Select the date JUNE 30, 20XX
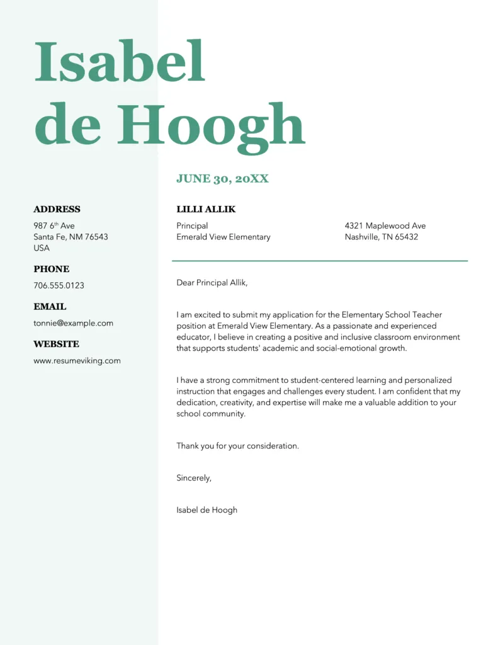point(222,179)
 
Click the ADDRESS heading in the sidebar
point(57,210)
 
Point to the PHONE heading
point(52,269)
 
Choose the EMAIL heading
point(50,307)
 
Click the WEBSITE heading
point(56,345)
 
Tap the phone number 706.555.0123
point(59,285)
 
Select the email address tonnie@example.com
point(73,323)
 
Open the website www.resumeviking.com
point(77,361)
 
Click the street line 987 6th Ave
point(54,225)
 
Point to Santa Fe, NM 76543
point(71,237)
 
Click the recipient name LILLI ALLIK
point(206,210)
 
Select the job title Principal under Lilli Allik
point(192,225)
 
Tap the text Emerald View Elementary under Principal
point(223,237)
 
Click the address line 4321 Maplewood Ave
point(385,225)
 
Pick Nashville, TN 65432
point(381,237)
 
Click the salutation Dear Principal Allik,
point(212,283)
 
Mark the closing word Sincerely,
point(194,478)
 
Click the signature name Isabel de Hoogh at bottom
point(207,510)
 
